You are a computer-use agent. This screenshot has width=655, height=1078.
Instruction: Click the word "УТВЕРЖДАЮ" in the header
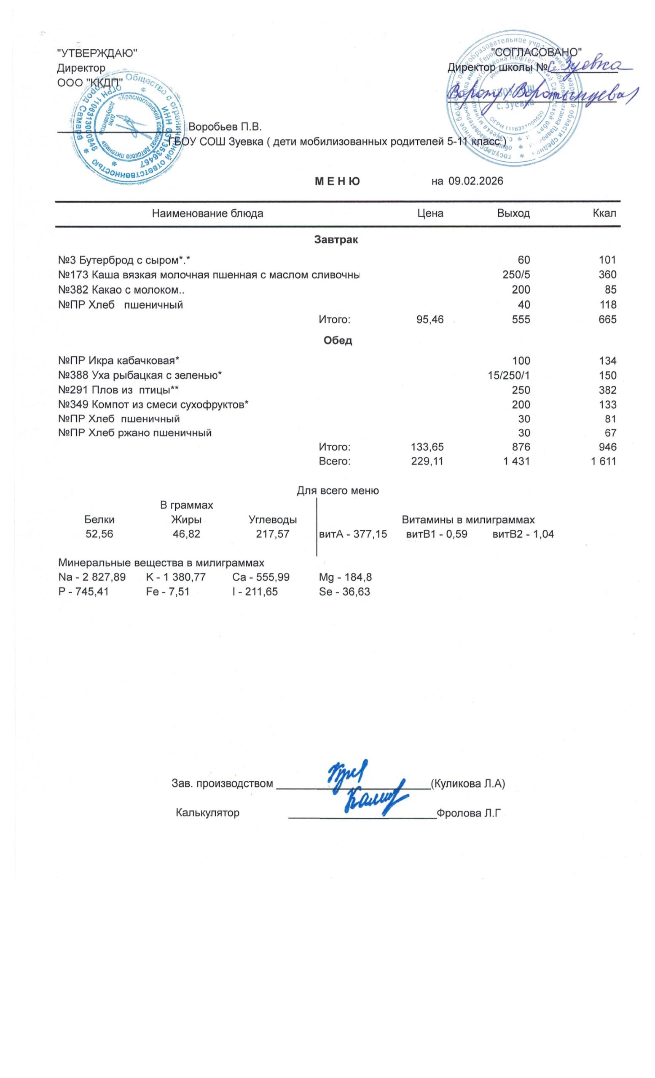pyautogui.click(x=97, y=53)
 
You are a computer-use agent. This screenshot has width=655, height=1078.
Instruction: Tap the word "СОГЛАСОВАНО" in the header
pyautogui.click(x=536, y=52)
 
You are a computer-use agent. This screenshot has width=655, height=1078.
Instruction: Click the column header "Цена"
pyautogui.click(x=430, y=213)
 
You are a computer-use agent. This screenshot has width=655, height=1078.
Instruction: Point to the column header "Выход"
pyautogui.click(x=513, y=213)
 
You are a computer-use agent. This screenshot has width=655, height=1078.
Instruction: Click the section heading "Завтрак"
pyautogui.click(x=336, y=240)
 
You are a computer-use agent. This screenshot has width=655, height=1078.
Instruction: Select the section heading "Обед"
pyautogui.click(x=338, y=340)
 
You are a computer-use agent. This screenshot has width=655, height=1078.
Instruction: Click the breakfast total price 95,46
pyautogui.click(x=430, y=319)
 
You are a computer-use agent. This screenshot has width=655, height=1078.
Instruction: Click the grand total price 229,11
pyautogui.click(x=427, y=461)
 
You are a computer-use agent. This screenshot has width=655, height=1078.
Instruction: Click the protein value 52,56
pyautogui.click(x=99, y=534)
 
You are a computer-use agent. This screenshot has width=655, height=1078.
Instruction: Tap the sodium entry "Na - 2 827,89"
pyautogui.click(x=92, y=577)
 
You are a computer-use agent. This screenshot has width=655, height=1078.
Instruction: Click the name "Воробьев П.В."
pyautogui.click(x=225, y=127)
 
